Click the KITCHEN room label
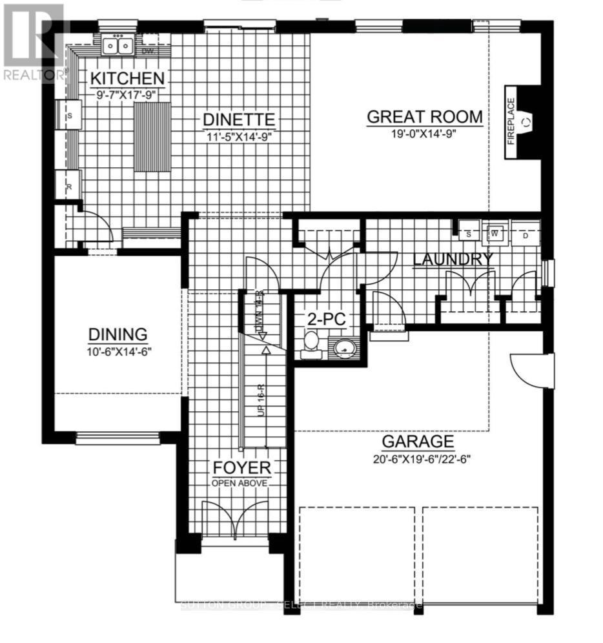click(x=127, y=79)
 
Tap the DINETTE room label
click(x=239, y=119)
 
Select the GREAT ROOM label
click(x=424, y=117)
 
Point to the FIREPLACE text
click(x=511, y=121)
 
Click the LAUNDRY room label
click(x=452, y=260)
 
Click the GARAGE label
click(x=418, y=442)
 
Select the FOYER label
click(x=242, y=468)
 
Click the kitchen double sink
click(x=118, y=46)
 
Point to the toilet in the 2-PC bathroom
click(x=311, y=342)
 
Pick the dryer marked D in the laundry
click(x=526, y=236)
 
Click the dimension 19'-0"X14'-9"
click(x=424, y=134)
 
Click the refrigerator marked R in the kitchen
click(x=68, y=185)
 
